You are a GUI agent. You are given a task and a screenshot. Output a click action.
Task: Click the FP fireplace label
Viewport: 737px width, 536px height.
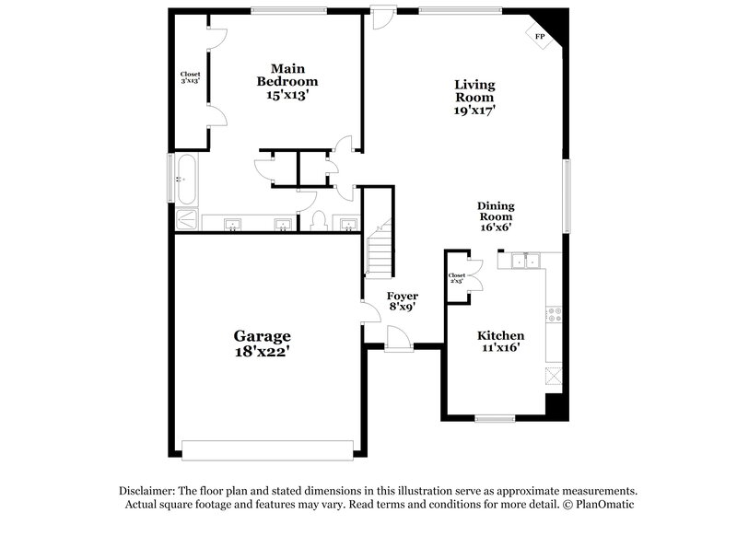pos(540,37)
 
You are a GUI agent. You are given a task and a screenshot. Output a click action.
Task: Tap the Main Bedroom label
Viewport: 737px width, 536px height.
pos(287,81)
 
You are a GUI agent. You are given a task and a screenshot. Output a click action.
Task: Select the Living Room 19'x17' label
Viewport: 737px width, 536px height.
pos(474,97)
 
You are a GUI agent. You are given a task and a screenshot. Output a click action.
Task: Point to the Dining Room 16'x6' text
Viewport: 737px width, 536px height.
pos(495,217)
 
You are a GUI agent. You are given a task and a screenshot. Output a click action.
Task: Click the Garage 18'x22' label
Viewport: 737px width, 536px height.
pos(262,344)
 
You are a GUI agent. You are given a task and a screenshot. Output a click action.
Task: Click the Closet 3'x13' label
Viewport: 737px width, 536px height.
pos(190,77)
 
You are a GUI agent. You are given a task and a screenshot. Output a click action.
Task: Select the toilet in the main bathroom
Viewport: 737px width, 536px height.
pos(319,222)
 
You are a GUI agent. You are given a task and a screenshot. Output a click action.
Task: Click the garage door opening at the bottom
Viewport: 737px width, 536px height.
pos(267,449)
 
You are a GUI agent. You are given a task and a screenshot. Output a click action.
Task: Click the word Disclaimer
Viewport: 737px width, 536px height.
pos(147,491)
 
